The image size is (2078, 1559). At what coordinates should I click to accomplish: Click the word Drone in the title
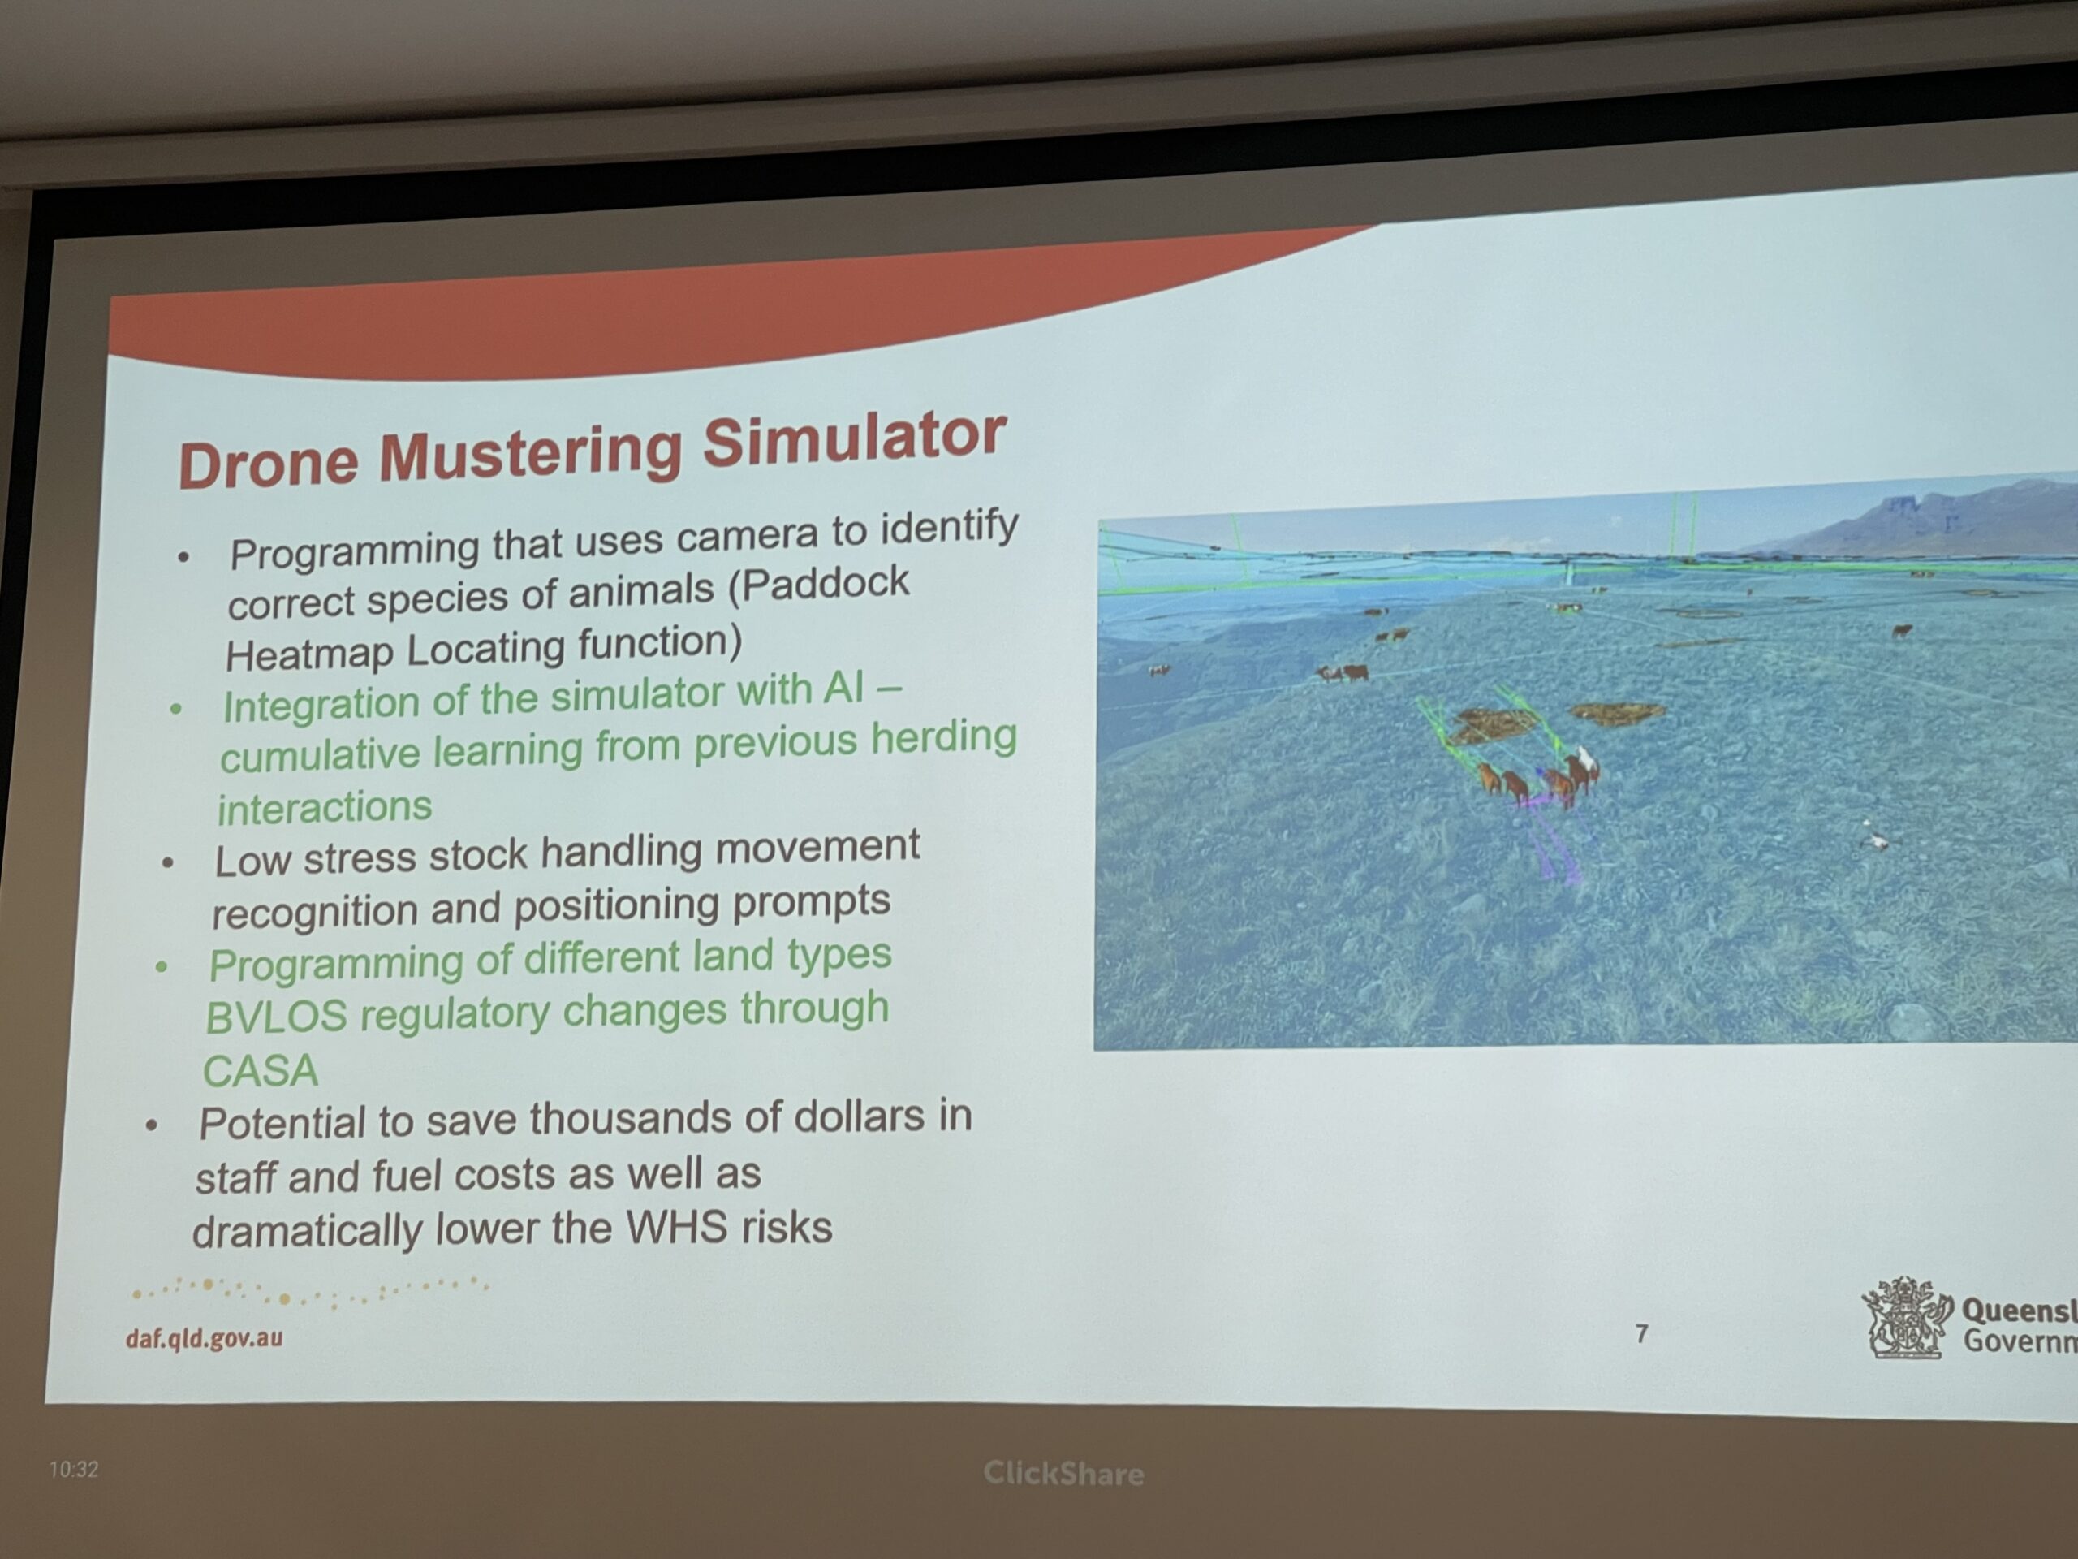[x=269, y=462]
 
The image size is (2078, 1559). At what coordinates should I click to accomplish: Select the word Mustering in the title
[x=531, y=452]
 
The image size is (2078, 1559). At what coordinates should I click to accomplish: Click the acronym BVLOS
[x=276, y=1017]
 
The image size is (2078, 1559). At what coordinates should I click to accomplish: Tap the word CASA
[x=261, y=1071]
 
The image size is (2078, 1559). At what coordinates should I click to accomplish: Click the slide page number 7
[x=1641, y=1333]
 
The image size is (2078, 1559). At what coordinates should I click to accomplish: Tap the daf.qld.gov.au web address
[x=204, y=1337]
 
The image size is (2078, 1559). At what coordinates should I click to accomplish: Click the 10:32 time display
[x=73, y=1469]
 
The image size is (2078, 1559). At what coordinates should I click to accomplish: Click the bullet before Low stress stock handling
[x=168, y=862]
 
